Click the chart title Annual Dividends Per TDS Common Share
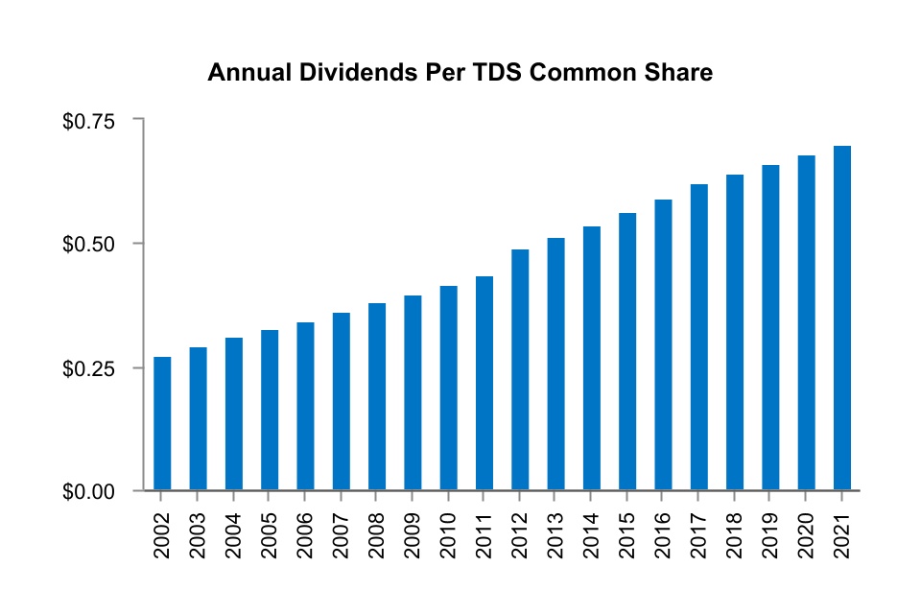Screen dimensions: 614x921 [x=460, y=73]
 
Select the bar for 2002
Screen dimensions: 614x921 [x=162, y=423]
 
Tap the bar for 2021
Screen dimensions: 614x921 [x=841, y=318]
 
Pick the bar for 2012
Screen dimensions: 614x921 [x=520, y=369]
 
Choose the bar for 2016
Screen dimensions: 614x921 [x=663, y=344]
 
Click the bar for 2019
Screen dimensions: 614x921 [x=770, y=327]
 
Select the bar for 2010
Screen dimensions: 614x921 [x=448, y=388]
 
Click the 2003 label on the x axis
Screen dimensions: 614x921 [x=198, y=531]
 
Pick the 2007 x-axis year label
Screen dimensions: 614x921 [x=341, y=531]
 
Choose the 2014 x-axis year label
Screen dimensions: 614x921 [x=591, y=531]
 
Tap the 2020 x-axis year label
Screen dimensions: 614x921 [x=806, y=531]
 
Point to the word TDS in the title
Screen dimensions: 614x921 [x=505, y=73]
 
